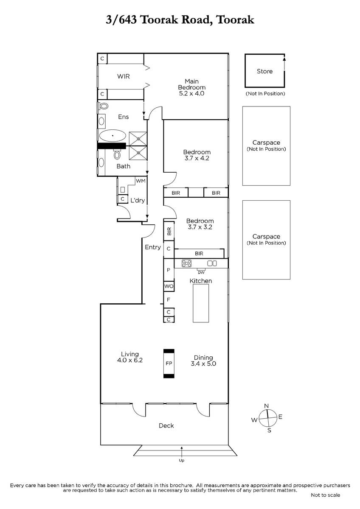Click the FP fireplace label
click(169, 364)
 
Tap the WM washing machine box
click(141, 181)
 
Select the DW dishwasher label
click(201, 272)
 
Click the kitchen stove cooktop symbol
click(186, 263)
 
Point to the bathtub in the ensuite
click(112, 136)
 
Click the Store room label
click(264, 71)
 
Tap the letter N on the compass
click(267, 406)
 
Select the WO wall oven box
click(169, 286)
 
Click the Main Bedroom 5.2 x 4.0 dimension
click(191, 93)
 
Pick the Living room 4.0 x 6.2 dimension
click(130, 360)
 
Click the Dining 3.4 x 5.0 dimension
click(203, 364)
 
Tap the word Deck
click(166, 425)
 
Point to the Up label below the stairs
click(181, 461)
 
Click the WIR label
click(124, 76)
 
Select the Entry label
click(153, 247)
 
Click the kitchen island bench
click(201, 303)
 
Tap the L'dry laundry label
click(138, 200)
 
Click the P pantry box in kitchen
click(169, 270)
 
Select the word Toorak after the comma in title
click(235, 20)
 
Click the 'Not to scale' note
click(326, 495)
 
